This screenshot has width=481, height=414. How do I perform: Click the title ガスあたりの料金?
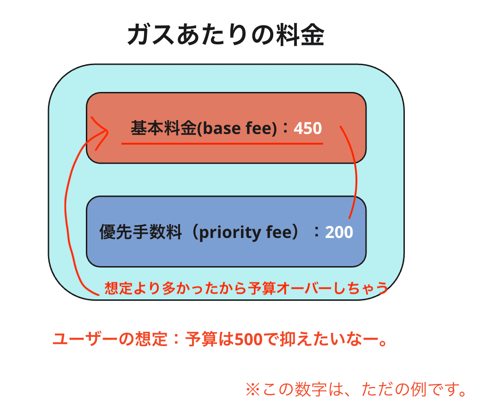(x=226, y=35)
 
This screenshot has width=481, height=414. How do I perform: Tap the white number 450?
(x=307, y=128)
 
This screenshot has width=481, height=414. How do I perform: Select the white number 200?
(x=339, y=232)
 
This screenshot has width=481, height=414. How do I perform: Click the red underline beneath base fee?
(x=222, y=144)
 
